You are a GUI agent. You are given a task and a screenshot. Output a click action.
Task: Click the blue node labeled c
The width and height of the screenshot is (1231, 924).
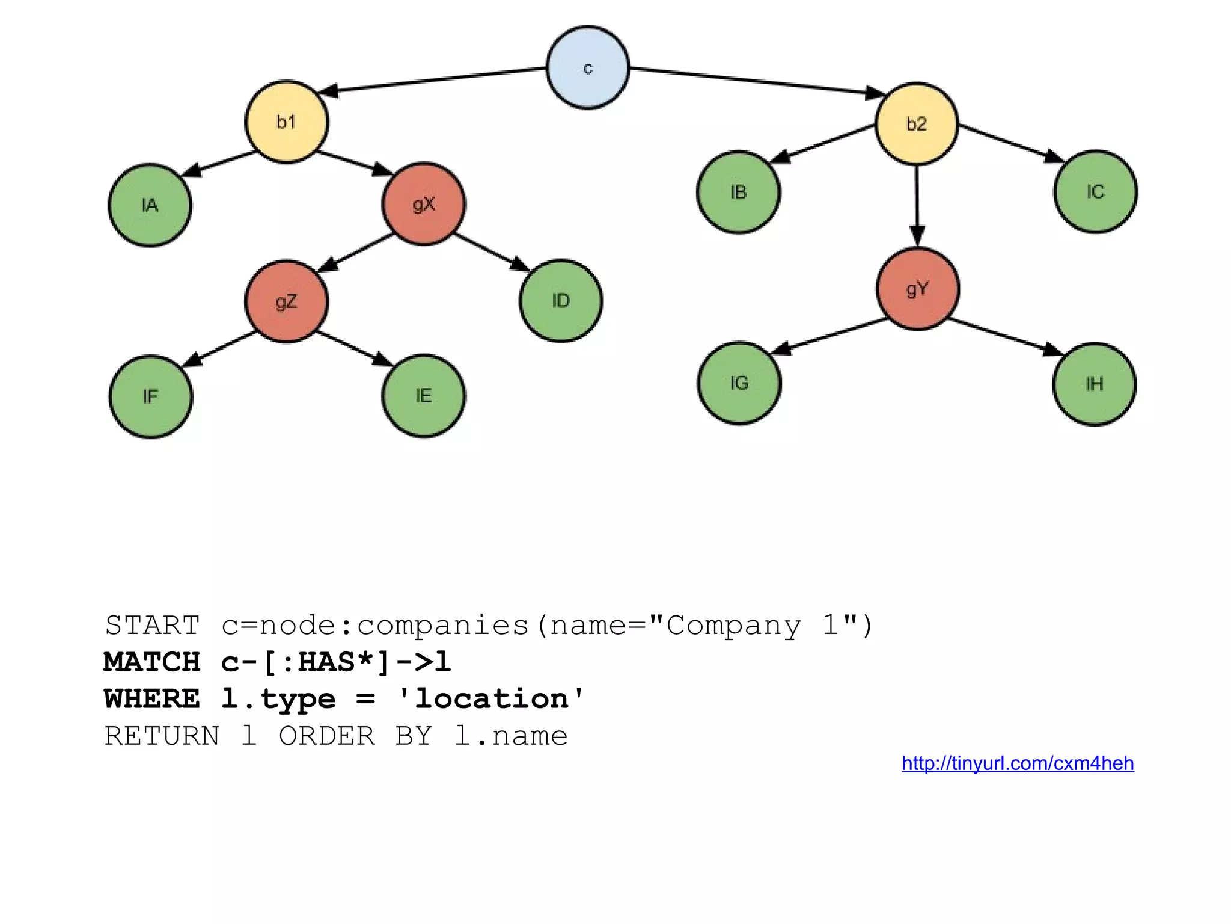click(x=588, y=67)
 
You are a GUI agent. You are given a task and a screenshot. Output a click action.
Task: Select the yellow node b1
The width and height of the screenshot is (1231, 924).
click(x=287, y=122)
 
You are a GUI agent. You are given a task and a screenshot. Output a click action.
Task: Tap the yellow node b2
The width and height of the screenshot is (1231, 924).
click(x=917, y=124)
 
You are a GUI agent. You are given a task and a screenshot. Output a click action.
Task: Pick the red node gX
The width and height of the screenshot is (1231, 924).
click(x=424, y=204)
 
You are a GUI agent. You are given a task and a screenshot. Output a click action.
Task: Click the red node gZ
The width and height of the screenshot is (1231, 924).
click(x=287, y=301)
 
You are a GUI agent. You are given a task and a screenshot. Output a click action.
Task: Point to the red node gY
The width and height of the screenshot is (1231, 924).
click(x=918, y=289)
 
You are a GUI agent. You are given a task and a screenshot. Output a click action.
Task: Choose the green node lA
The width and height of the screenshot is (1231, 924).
click(x=150, y=205)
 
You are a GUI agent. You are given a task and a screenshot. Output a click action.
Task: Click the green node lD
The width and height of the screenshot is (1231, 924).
click(x=561, y=301)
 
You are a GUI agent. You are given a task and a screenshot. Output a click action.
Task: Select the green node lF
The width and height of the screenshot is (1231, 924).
click(x=151, y=396)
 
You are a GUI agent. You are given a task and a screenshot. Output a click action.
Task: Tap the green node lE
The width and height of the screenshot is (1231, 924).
click(x=424, y=396)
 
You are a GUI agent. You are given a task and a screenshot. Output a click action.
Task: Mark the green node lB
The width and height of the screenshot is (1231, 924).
click(x=739, y=192)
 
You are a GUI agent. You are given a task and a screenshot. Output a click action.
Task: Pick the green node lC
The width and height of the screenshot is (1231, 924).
click(x=1096, y=192)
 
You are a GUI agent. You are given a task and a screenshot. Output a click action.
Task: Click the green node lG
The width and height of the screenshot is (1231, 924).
click(x=739, y=383)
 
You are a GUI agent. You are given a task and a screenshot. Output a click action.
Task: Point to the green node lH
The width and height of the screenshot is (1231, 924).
click(x=1095, y=384)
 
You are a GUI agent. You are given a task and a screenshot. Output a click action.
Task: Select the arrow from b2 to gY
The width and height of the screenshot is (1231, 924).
click(x=917, y=205)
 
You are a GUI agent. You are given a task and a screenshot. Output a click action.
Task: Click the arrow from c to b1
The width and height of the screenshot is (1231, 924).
click(x=433, y=80)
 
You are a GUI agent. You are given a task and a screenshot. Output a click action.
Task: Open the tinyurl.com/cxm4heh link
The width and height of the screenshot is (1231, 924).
click(x=1018, y=763)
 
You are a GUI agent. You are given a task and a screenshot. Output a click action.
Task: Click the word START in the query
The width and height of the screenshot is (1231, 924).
click(x=152, y=626)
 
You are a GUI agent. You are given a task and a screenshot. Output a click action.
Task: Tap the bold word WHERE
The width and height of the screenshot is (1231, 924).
click(x=151, y=699)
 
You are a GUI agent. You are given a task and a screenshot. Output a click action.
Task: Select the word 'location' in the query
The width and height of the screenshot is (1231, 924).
click(x=491, y=699)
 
